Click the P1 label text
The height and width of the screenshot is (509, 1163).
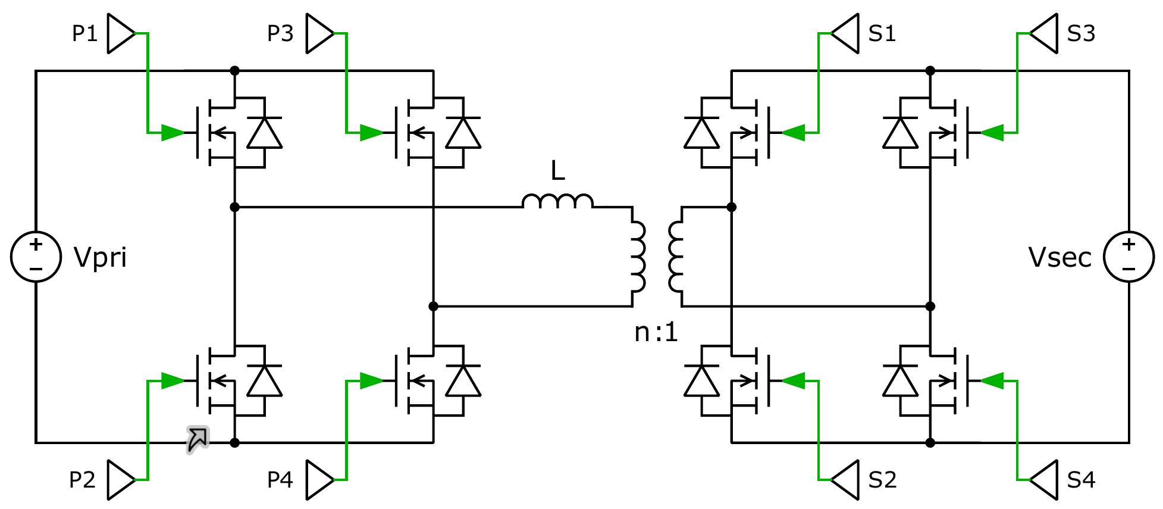pos(84,33)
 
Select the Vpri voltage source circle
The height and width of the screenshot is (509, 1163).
pos(36,257)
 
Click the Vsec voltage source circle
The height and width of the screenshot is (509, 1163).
pos(1128,257)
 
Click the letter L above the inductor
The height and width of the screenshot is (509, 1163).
pos(557,171)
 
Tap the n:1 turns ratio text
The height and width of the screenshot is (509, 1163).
pos(656,332)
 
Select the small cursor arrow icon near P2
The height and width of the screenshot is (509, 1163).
pos(198,439)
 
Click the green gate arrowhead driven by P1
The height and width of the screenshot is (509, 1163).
pos(173,132)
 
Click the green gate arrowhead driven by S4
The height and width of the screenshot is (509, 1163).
pos(992,380)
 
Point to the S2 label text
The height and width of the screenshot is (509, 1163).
pos(882,480)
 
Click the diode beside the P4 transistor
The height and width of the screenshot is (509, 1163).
pos(463,381)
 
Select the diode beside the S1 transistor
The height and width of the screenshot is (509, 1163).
pos(702,133)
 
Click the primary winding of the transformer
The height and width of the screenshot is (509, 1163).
pos(638,257)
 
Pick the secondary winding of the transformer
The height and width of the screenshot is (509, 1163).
pos(676,257)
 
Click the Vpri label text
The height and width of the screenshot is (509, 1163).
pos(100,258)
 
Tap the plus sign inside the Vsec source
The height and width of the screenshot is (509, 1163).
pos(1128,244)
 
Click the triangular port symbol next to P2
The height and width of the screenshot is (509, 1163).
pos(121,480)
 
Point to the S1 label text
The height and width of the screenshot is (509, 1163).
pos(882,33)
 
